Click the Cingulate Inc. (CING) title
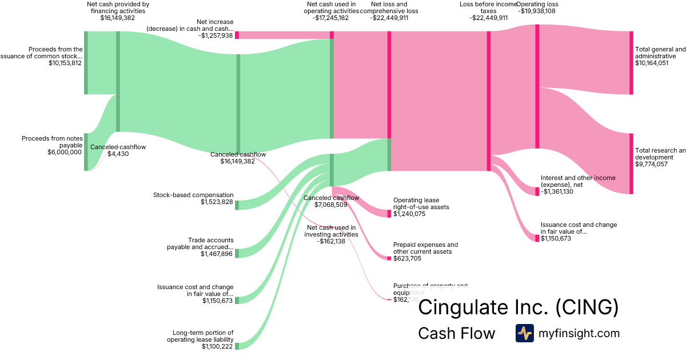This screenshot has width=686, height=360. tap(518, 307)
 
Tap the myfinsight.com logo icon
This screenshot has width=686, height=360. tap(524, 333)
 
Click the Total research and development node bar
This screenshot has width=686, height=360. tap(631, 163)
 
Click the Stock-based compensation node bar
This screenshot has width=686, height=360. tap(237, 205)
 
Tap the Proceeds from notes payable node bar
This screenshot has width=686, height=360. tap(86, 151)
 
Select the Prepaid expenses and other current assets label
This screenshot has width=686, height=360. tap(425, 248)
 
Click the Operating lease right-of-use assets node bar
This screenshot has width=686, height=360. tap(389, 213)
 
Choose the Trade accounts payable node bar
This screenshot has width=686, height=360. tap(237, 253)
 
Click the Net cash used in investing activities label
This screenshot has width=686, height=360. tap(332, 230)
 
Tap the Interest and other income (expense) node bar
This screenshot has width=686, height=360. tap(537, 191)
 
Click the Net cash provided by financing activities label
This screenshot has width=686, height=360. tap(118, 7)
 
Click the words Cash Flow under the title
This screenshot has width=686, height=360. tap(456, 333)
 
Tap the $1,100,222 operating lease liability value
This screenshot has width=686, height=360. tap(217, 346)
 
